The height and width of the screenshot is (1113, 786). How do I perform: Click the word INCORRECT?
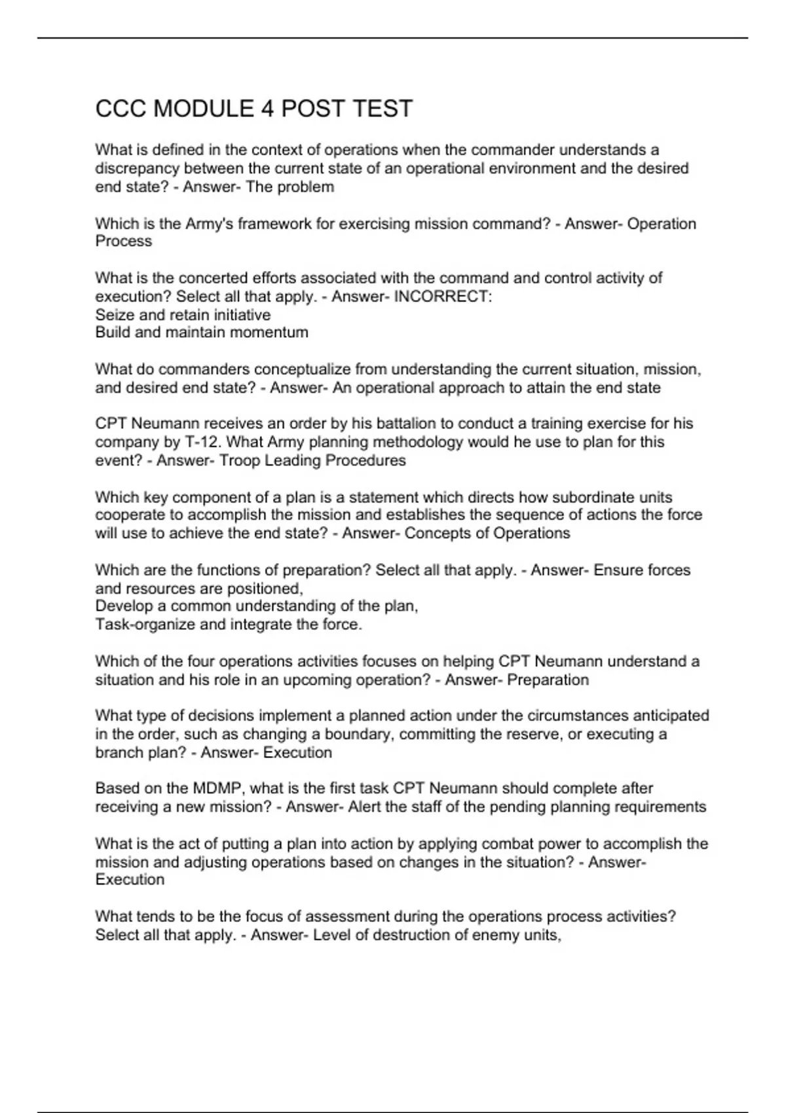(441, 297)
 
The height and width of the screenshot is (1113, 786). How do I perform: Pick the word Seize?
(113, 315)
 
